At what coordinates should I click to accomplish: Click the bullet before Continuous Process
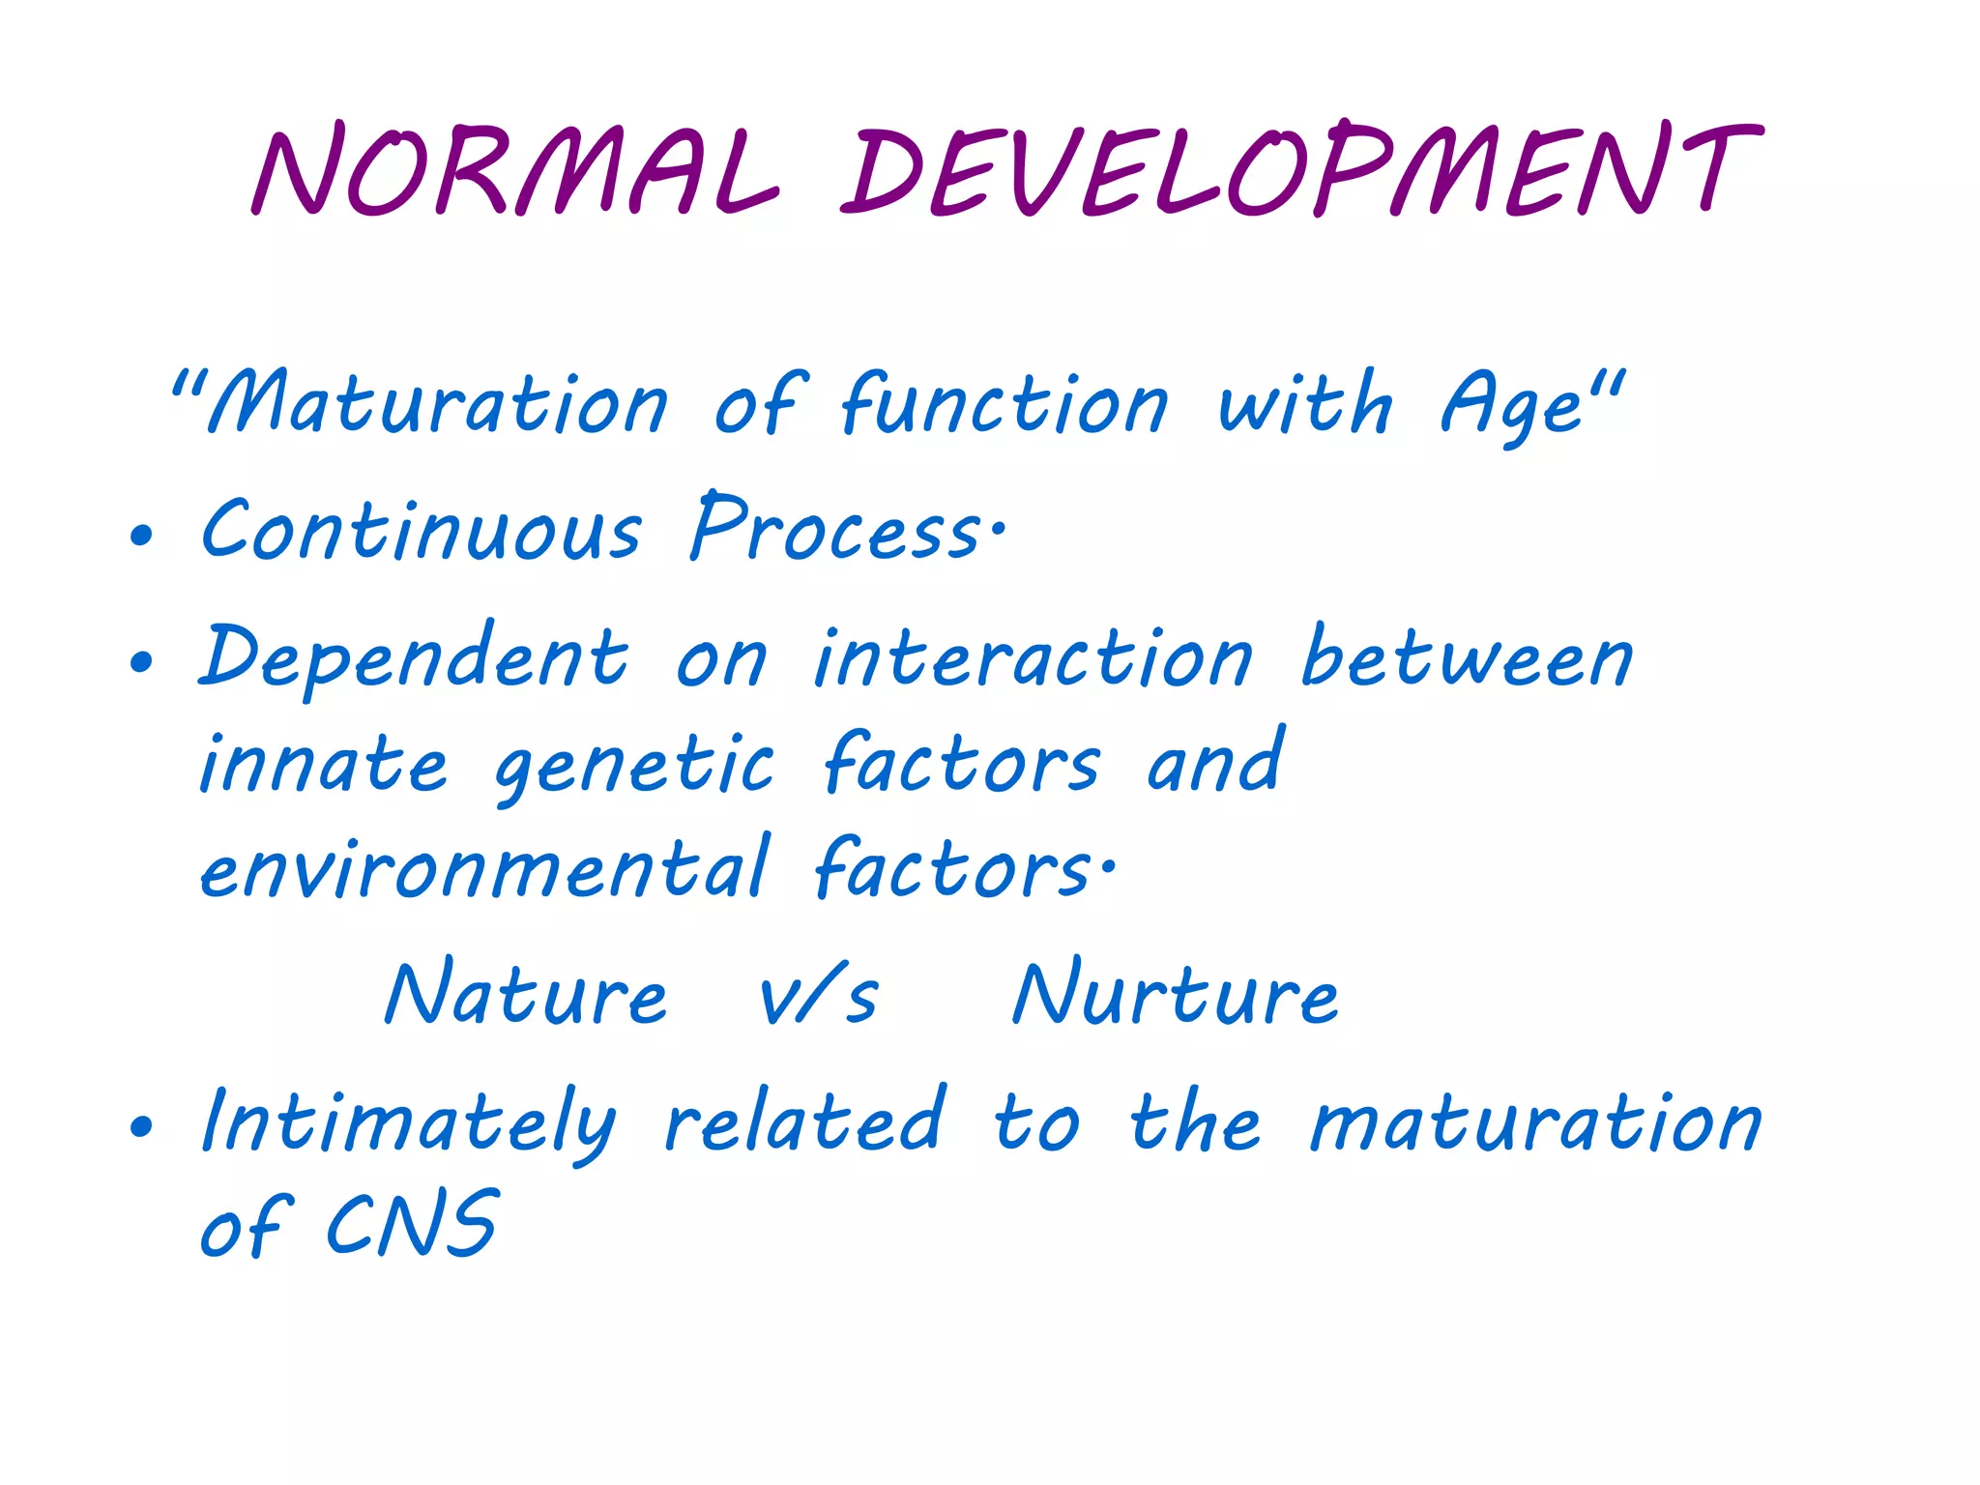(141, 535)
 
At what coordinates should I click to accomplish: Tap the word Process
(837, 530)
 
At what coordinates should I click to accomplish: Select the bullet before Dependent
(141, 662)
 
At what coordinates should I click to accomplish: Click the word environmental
(483, 868)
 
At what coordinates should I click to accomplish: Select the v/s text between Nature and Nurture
(818, 996)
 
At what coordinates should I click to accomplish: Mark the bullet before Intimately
(141, 1125)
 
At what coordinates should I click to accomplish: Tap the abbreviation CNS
(412, 1226)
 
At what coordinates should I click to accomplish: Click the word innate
(323, 764)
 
